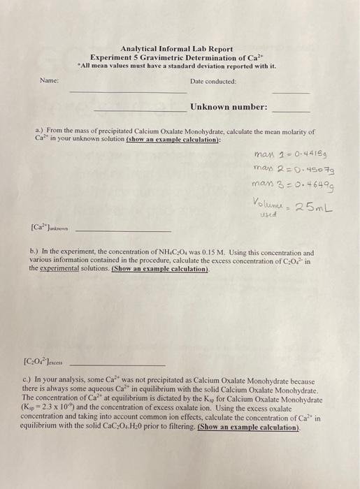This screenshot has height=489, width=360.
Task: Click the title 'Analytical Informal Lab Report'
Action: (x=177, y=49)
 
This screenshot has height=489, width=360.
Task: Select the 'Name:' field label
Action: (x=49, y=81)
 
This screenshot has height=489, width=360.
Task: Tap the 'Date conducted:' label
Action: (x=213, y=81)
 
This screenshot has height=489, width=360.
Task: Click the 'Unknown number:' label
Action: (x=228, y=107)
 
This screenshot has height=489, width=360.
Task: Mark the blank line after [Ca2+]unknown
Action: (x=122, y=231)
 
